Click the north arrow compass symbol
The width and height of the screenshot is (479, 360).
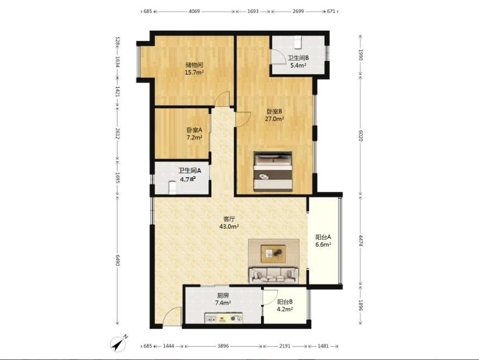[118, 344]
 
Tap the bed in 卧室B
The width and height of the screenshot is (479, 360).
[273, 172]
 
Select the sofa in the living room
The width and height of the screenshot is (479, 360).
[274, 275]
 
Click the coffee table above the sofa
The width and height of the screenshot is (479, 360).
[273, 254]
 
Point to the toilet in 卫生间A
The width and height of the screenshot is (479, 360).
[173, 187]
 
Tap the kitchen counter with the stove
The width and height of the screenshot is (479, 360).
[224, 318]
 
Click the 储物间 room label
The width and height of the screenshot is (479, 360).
[195, 65]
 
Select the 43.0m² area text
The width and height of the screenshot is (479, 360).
[229, 226]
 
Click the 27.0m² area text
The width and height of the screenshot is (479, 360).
[274, 119]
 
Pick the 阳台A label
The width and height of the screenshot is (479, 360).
[323, 237]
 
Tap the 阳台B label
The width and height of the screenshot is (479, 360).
[285, 302]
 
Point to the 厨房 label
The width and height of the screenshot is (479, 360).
[223, 296]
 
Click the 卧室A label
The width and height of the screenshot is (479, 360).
[195, 130]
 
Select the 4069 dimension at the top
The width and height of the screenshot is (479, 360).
[194, 11]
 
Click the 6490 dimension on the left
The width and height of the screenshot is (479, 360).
[117, 260]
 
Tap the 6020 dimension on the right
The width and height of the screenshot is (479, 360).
[361, 135]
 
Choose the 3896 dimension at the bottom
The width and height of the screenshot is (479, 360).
[223, 346]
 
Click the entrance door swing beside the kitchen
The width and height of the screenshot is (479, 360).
[172, 316]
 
